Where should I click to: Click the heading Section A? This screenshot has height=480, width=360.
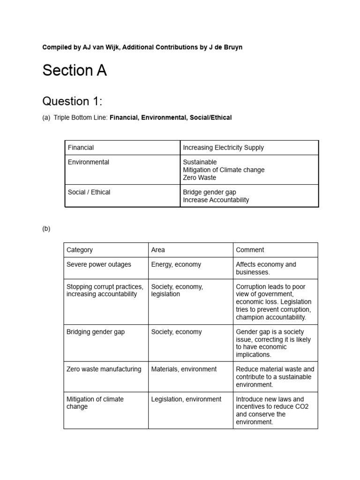coord(75,70)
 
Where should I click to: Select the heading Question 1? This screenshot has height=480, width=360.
coord(72,101)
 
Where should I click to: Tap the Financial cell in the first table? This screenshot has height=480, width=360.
coord(81,148)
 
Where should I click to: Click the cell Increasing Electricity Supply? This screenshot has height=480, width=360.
coord(223,148)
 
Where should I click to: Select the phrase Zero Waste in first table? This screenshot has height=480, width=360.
coord(200,178)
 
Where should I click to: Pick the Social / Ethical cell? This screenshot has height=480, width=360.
coord(89,192)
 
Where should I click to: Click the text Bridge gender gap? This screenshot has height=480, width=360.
coord(210,192)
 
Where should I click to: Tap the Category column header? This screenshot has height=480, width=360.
coord(80,250)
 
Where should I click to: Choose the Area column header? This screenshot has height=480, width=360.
coord(158,250)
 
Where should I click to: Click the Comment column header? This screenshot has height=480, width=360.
coord(250,250)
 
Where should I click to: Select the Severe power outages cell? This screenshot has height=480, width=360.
coord(99,264)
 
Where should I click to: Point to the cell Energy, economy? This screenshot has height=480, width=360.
coord(176,264)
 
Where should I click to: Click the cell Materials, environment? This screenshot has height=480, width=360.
coord(184,369)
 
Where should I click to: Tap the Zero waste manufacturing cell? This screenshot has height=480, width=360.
coord(104,369)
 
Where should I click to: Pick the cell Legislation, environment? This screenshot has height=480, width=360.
coord(186,399)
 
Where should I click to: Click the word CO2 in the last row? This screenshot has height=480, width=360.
coord(304,407)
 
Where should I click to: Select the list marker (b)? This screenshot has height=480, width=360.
coord(46,229)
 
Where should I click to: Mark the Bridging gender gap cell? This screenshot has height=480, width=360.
coord(96,332)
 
